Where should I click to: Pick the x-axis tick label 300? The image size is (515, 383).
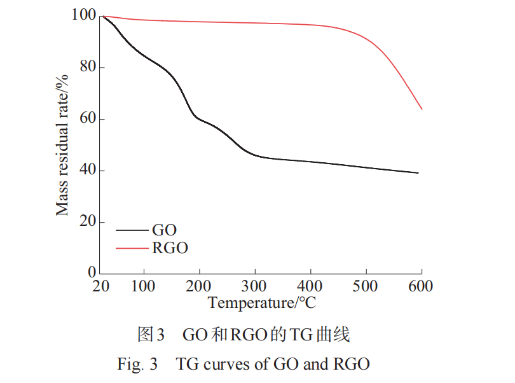pyautogui.click(x=254, y=286)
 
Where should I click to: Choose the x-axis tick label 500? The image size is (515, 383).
pyautogui.click(x=366, y=286)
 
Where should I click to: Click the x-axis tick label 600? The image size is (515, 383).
pyautogui.click(x=420, y=286)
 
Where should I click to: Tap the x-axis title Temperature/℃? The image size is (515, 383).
pyautogui.click(x=261, y=303)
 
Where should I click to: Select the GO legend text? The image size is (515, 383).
pyautogui.click(x=165, y=230)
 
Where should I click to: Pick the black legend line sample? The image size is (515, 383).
pyautogui.click(x=132, y=230)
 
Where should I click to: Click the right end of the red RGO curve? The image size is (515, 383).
pyautogui.click(x=422, y=109)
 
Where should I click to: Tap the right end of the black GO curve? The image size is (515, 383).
pyautogui.click(x=418, y=173)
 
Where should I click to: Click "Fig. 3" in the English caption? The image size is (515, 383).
pyautogui.click(x=137, y=365)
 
